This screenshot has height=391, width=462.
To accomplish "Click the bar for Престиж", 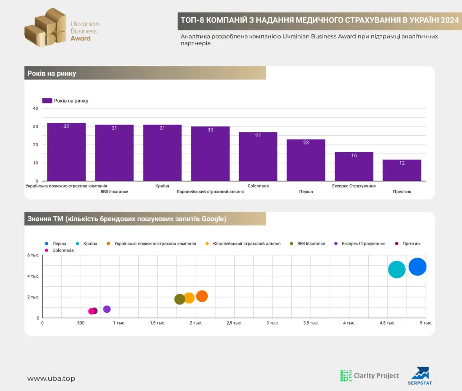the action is point(402,170).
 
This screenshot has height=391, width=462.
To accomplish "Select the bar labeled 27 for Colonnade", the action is point(258,157).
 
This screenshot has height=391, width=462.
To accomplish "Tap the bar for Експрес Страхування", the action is point(354,167).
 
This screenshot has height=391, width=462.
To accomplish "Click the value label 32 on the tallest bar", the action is point(66,126).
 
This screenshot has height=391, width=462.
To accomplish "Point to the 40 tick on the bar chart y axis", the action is point(35,108).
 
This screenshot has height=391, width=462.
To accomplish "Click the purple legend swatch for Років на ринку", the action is point(47,101).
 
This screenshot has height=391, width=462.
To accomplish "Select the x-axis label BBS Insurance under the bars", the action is point(114,192).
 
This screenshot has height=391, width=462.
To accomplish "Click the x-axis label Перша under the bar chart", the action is point(306,192).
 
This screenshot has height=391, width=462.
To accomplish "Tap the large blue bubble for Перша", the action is point(417,266).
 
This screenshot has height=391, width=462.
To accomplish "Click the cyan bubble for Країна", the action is point(397,270).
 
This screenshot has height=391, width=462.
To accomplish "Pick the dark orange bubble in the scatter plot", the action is point(202,296).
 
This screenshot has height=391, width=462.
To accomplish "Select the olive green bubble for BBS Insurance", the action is point(180,299).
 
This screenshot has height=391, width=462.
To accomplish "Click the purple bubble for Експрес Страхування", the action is point(107,309).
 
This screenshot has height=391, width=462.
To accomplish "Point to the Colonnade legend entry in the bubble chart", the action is point(60,250).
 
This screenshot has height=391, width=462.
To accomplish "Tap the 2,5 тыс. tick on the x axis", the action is point(234,323).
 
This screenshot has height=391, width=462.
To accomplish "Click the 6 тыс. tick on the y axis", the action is point(33,255).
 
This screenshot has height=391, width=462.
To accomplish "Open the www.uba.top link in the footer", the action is point(51,378).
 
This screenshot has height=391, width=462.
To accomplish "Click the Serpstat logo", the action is point(420,376).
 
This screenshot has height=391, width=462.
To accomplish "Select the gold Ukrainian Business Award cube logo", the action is point(46,28).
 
